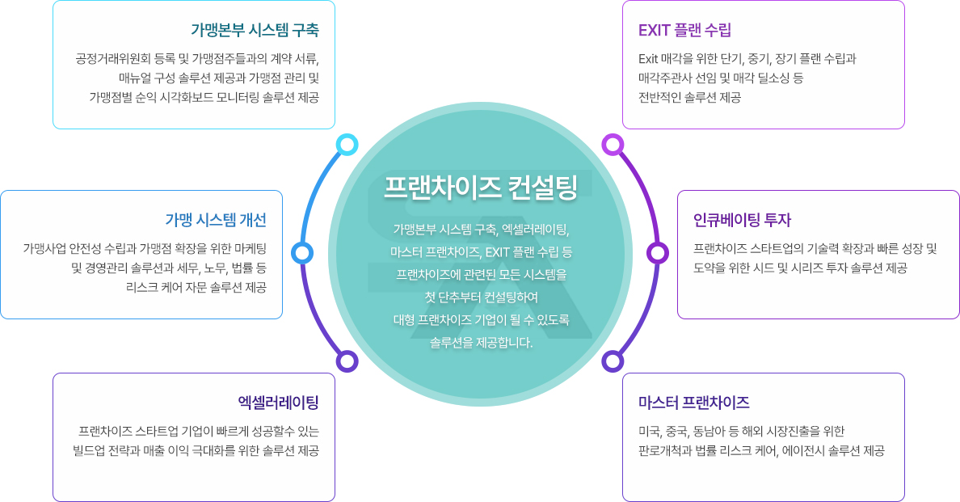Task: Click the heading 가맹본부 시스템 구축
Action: pyautogui.click(x=255, y=30)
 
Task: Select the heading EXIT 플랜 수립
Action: pyautogui.click(x=684, y=30)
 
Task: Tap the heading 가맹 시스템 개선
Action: pyautogui.click(x=216, y=220)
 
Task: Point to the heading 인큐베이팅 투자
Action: pyautogui.click(x=742, y=220)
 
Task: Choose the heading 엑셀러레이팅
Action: pyautogui.click(x=279, y=403)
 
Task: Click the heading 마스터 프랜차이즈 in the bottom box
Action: pyautogui.click(x=693, y=403)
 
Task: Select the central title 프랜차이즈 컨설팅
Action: pyautogui.click(x=481, y=187)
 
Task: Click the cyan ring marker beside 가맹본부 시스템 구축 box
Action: pyautogui.click(x=347, y=145)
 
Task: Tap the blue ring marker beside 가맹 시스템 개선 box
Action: pyautogui.click(x=302, y=253)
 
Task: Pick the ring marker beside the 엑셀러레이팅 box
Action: pyautogui.click(x=347, y=361)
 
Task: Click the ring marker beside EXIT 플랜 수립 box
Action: pyautogui.click(x=613, y=145)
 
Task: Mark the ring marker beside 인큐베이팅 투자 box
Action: pyautogui.click(x=658, y=253)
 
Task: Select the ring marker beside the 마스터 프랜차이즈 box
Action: pyautogui.click(x=613, y=361)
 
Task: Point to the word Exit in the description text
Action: pyautogui.click(x=648, y=59)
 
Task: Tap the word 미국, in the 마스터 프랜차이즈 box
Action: pyautogui.click(x=651, y=432)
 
